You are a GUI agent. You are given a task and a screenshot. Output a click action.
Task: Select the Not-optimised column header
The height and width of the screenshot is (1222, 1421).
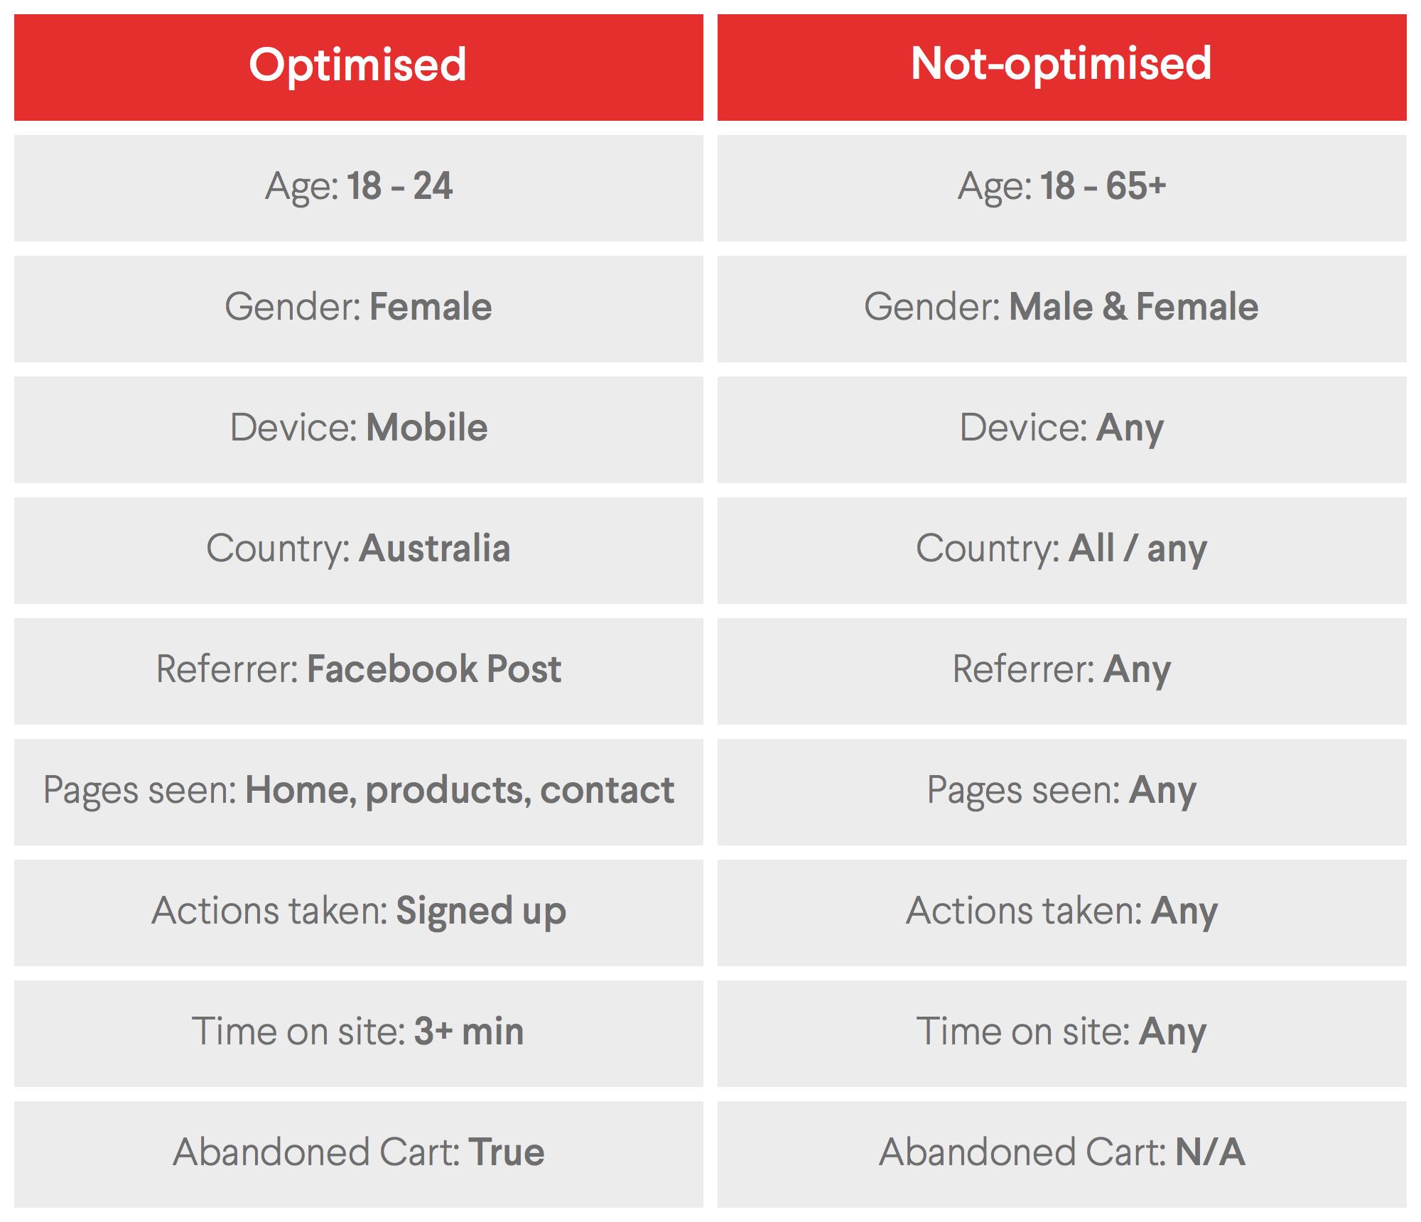pyautogui.click(x=1061, y=65)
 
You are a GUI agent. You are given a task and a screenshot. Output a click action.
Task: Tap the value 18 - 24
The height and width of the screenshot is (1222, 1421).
pyautogui.click(x=400, y=187)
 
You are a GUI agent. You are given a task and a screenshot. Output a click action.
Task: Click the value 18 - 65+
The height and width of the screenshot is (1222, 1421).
pyautogui.click(x=1103, y=187)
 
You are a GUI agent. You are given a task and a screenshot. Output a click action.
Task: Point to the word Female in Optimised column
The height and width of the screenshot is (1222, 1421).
pyautogui.click(x=431, y=307)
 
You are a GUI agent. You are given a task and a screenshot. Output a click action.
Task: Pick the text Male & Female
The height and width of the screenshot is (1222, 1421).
pyautogui.click(x=1134, y=307)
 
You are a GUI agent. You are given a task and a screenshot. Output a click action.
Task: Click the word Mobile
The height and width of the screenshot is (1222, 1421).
pyautogui.click(x=427, y=428)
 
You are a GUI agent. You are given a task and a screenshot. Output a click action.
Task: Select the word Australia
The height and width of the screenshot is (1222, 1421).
pyautogui.click(x=435, y=548)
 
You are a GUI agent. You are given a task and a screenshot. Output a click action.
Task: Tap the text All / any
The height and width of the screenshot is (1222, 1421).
pyautogui.click(x=1138, y=550)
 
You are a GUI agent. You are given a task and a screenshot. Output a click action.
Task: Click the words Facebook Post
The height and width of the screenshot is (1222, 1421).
pyautogui.click(x=434, y=669)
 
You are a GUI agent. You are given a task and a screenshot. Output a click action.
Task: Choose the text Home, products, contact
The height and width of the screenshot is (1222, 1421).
pyautogui.click(x=460, y=791)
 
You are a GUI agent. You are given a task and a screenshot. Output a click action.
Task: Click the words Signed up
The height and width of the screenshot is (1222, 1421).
pyautogui.click(x=481, y=912)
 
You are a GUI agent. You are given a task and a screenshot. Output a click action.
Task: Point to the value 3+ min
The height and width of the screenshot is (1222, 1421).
pyautogui.click(x=469, y=1032)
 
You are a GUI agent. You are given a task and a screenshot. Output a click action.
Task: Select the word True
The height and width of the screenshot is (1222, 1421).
pyautogui.click(x=507, y=1152)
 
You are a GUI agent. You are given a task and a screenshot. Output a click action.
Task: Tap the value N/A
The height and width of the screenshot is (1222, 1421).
pyautogui.click(x=1210, y=1152)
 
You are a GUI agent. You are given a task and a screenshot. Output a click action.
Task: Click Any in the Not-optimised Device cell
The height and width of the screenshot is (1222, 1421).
pyautogui.click(x=1130, y=430)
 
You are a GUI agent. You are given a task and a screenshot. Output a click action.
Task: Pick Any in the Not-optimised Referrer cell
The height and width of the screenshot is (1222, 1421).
pyautogui.click(x=1138, y=671)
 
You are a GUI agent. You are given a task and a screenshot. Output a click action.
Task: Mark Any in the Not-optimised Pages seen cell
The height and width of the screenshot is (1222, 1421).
pyautogui.click(x=1163, y=792)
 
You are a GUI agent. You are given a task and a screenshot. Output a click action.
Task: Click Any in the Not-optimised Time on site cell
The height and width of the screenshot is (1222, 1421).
pyautogui.click(x=1173, y=1034)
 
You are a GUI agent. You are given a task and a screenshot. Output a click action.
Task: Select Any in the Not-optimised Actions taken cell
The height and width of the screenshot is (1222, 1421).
pyautogui.click(x=1184, y=913)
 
